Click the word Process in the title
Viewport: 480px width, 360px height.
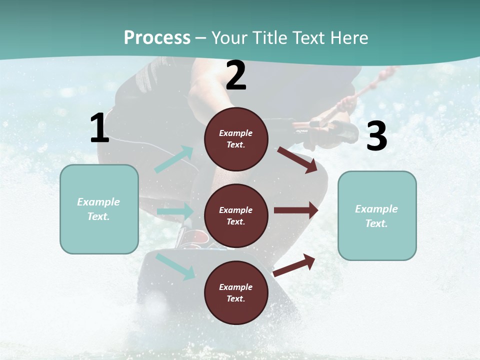157,37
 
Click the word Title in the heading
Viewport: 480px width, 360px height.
269,37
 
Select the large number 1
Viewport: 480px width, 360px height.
99,128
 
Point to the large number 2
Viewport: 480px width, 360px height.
236,76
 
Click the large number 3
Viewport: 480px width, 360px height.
376,136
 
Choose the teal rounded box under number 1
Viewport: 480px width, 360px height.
99,209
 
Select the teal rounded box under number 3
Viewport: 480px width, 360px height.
377,216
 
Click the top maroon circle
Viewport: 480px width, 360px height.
236,139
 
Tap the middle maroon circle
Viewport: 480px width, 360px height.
236,215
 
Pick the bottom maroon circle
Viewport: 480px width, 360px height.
236,292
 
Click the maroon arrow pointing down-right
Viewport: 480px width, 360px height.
297,159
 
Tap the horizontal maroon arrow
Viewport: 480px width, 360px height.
296,210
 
